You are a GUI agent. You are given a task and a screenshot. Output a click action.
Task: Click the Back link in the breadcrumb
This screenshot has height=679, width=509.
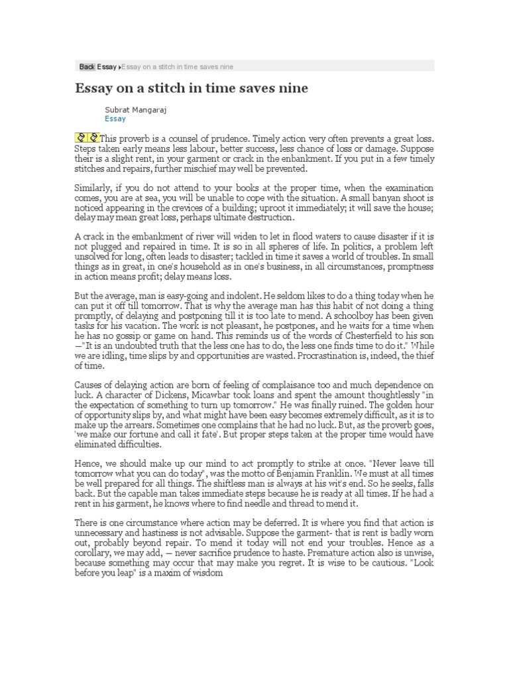tap(87, 66)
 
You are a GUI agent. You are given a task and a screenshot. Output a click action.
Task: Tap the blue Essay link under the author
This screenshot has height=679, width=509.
tap(115, 119)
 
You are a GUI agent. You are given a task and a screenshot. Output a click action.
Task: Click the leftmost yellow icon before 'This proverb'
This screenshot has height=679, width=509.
tap(80, 138)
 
